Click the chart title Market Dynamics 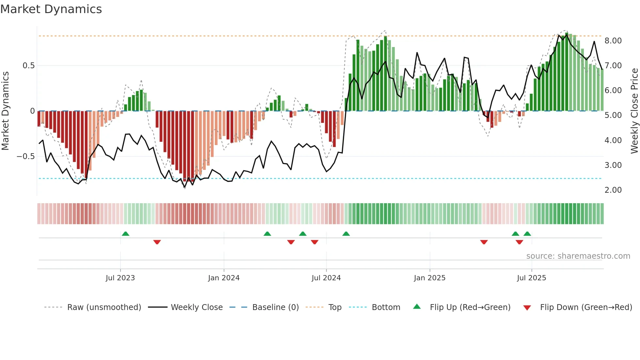[51, 9]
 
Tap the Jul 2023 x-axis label [120, 278]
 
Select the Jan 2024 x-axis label [224, 278]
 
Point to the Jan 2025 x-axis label [429, 278]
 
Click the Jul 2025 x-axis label [531, 278]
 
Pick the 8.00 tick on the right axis [613, 41]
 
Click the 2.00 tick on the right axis [613, 190]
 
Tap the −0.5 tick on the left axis [25, 156]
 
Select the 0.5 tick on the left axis [28, 66]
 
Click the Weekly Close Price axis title [634, 111]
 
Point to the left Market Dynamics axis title [5, 111]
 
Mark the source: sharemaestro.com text [578, 256]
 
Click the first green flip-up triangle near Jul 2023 [125, 234]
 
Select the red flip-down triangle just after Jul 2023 [157, 242]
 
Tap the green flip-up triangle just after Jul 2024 [346, 234]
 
